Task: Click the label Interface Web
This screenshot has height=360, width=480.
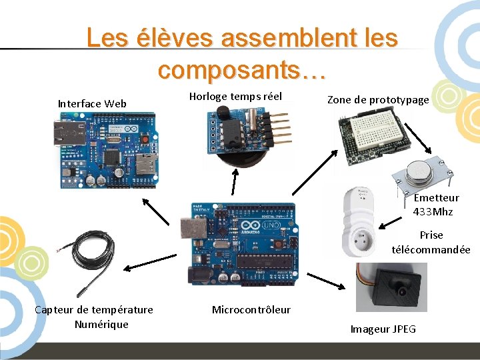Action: click(92, 103)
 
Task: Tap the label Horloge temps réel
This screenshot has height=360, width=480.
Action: click(235, 97)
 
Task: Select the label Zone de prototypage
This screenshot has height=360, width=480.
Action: click(378, 100)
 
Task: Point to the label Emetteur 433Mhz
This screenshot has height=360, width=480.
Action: click(436, 205)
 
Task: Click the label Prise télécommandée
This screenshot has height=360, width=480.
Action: click(431, 242)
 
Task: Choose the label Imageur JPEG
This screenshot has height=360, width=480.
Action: click(383, 329)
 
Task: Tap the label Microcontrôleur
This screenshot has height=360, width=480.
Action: click(251, 309)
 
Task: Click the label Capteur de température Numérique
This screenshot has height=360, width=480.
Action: click(94, 317)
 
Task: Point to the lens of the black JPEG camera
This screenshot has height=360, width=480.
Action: click(402, 292)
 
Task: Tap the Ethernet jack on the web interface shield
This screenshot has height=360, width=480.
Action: click(65, 134)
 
